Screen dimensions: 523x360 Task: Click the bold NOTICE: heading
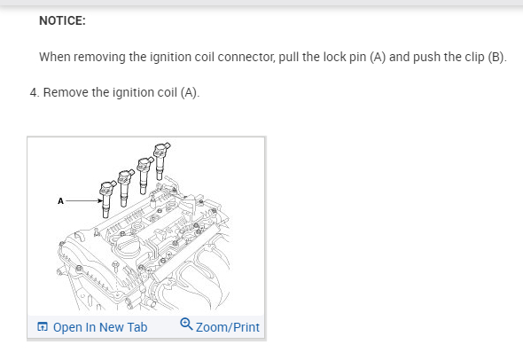62,20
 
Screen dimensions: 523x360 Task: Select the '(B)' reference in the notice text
497,57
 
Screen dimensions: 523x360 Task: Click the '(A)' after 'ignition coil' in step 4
190,92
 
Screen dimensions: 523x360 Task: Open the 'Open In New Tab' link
100,327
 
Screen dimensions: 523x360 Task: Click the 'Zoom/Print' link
228,327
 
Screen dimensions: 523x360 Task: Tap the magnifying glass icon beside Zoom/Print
186,324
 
